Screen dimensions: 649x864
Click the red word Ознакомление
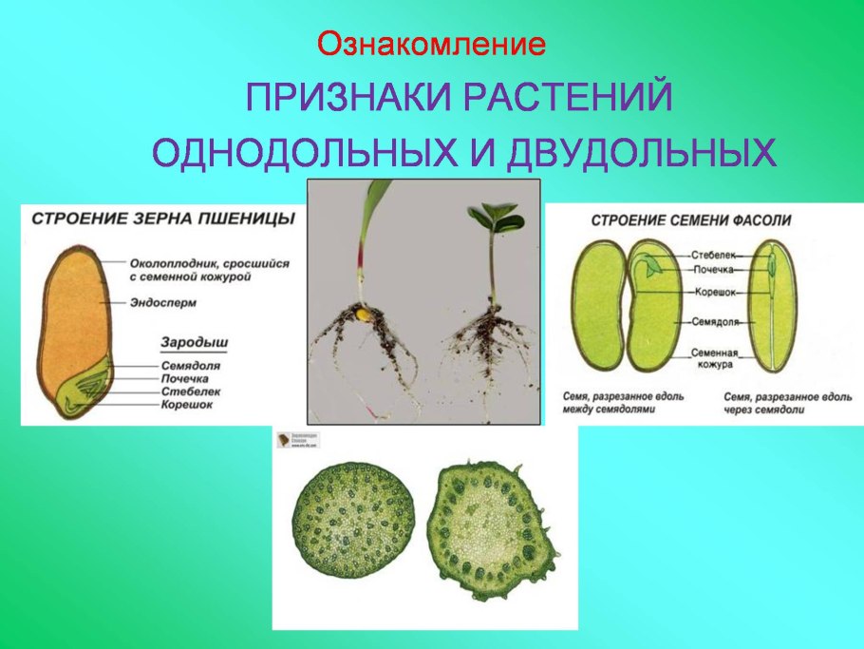(432, 44)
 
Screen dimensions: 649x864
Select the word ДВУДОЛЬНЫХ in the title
(642, 153)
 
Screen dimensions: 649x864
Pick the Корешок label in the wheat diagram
(186, 404)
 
